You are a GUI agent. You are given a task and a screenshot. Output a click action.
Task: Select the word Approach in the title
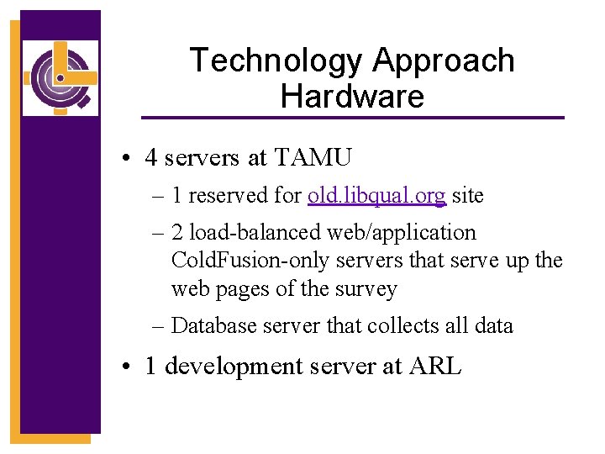[443, 61]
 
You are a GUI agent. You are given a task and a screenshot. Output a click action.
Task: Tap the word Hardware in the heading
[352, 96]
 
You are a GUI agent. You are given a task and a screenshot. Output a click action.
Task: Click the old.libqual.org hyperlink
[376, 196]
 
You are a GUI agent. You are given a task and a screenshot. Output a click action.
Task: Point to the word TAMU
[313, 156]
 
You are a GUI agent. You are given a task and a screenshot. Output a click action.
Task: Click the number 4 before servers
[151, 156]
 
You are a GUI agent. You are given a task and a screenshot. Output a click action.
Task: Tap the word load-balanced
[250, 233]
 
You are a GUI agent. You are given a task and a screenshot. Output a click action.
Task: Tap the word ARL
[434, 367]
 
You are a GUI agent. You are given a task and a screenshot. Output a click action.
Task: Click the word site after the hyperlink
[468, 196]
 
